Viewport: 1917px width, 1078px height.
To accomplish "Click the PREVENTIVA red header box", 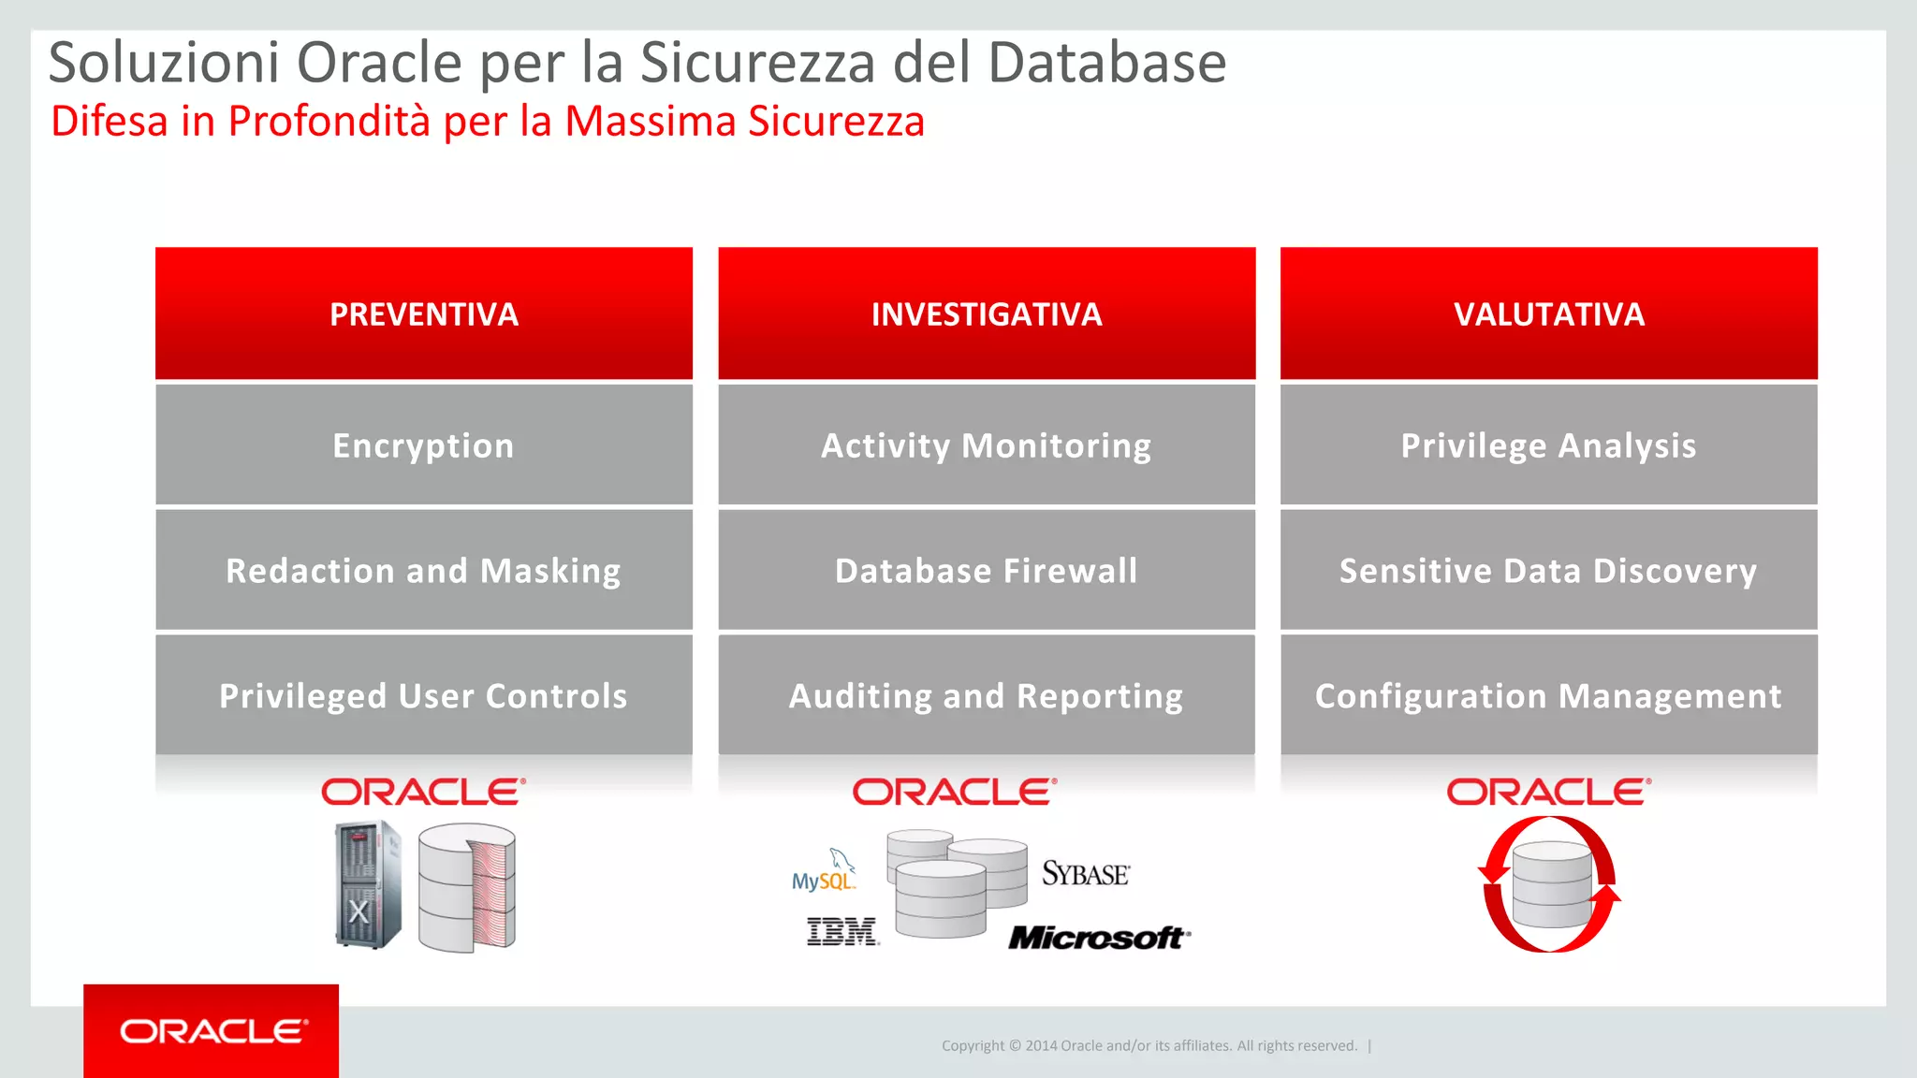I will pyautogui.click(x=424, y=313).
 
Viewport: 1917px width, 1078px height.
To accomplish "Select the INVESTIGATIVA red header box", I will pyautogui.click(x=987, y=313).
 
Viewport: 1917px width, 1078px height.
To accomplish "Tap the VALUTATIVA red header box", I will pyautogui.click(x=1549, y=313).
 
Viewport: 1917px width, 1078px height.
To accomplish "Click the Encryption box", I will pyautogui.click(x=424, y=445).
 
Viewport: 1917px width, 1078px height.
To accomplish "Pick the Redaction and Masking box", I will pyautogui.click(x=424, y=570).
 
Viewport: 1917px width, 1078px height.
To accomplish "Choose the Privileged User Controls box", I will pyautogui.click(x=424, y=695).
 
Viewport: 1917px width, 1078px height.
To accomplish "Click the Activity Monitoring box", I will pyautogui.click(x=987, y=445).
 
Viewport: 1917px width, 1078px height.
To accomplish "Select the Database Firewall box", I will pyautogui.click(x=987, y=570).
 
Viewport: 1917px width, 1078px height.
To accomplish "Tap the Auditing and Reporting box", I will pyautogui.click(x=987, y=695).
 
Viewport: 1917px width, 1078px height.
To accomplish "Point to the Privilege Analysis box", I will pyautogui.click(x=1549, y=445).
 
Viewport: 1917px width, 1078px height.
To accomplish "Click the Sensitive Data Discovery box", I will pyautogui.click(x=1549, y=570).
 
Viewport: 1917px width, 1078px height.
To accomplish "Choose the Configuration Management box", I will pyautogui.click(x=1549, y=695).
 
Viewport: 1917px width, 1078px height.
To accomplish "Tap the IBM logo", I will pyautogui.click(x=842, y=932).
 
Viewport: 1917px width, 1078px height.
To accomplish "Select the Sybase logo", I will pyautogui.click(x=1086, y=874).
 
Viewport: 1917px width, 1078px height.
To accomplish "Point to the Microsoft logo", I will pyautogui.click(x=1099, y=937).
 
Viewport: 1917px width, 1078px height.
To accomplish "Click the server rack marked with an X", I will pyautogui.click(x=368, y=884).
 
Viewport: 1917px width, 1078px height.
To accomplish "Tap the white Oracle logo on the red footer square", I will pyautogui.click(x=212, y=1031).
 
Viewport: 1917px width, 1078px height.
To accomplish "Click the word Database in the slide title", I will pyautogui.click(x=1106, y=63).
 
